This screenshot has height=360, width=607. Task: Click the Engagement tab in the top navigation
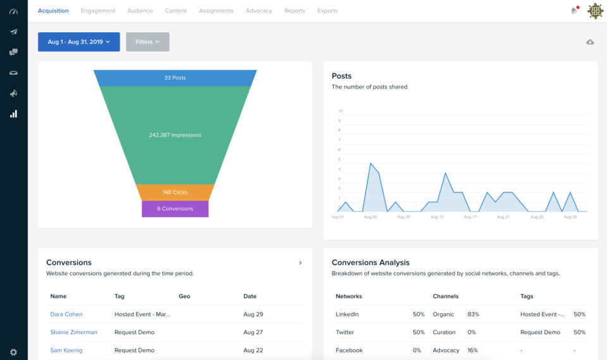pos(98,11)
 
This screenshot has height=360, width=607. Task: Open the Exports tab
pos(327,11)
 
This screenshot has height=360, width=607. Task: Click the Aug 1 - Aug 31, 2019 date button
pos(79,42)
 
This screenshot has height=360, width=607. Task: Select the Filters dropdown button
pos(147,42)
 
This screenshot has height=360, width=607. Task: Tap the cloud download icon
pos(590,42)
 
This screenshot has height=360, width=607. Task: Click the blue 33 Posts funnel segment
pos(175,78)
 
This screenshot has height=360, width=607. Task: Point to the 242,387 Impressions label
pos(175,135)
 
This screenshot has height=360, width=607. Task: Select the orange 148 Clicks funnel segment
pos(175,192)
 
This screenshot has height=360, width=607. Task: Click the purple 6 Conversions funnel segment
pos(175,209)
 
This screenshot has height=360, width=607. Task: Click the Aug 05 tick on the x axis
pos(371,217)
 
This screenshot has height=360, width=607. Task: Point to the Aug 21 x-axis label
pos(503,217)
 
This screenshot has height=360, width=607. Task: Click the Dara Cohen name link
pos(66,314)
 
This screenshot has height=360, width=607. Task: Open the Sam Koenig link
pos(66,351)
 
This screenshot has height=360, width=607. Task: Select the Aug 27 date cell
pos(253,332)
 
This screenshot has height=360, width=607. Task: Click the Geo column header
pos(185,296)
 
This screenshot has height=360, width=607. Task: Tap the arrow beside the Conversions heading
pos(300,263)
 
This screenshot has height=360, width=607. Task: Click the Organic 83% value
pos(473,314)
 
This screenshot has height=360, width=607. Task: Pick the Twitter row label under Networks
pos(345,332)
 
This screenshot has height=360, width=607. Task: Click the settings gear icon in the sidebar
pos(13,352)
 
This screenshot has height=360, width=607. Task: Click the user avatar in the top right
pos(595,11)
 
